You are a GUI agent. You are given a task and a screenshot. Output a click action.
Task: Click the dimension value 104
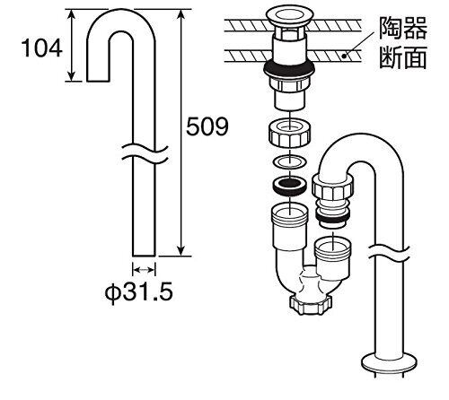point(42,48)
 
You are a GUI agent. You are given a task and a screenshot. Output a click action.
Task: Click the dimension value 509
point(207,126)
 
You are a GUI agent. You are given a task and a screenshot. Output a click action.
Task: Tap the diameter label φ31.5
point(139,291)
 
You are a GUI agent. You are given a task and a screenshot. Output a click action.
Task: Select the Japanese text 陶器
point(403,28)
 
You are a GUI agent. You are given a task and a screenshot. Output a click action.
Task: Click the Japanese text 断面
point(403,57)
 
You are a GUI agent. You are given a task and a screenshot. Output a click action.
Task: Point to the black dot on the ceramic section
point(344,56)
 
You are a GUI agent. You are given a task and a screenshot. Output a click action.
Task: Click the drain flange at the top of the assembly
point(290,16)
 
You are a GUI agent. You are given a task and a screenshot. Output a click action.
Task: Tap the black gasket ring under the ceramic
point(289,68)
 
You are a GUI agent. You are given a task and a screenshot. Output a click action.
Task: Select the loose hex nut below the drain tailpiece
point(290,133)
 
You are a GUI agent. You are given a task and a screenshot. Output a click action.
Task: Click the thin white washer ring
point(290,162)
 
